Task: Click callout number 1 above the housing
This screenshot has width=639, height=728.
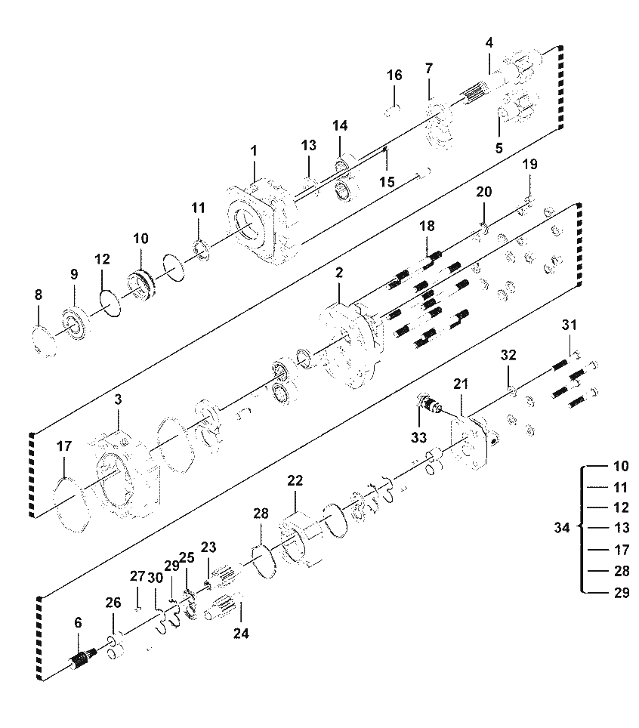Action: tap(254, 151)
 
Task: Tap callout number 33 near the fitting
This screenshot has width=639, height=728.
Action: tap(418, 437)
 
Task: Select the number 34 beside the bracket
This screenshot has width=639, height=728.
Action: tap(562, 528)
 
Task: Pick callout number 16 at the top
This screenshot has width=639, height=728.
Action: tap(394, 76)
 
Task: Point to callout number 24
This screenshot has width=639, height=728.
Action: tap(241, 633)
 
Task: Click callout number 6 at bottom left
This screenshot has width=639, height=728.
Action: tap(78, 622)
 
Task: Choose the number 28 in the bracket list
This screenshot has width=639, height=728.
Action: tap(622, 571)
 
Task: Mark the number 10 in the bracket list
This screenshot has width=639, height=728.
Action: tap(622, 466)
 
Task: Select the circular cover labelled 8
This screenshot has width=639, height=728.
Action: tap(45, 341)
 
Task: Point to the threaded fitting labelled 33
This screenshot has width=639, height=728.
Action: tap(430, 403)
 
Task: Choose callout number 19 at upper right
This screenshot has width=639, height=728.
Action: tap(529, 165)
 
